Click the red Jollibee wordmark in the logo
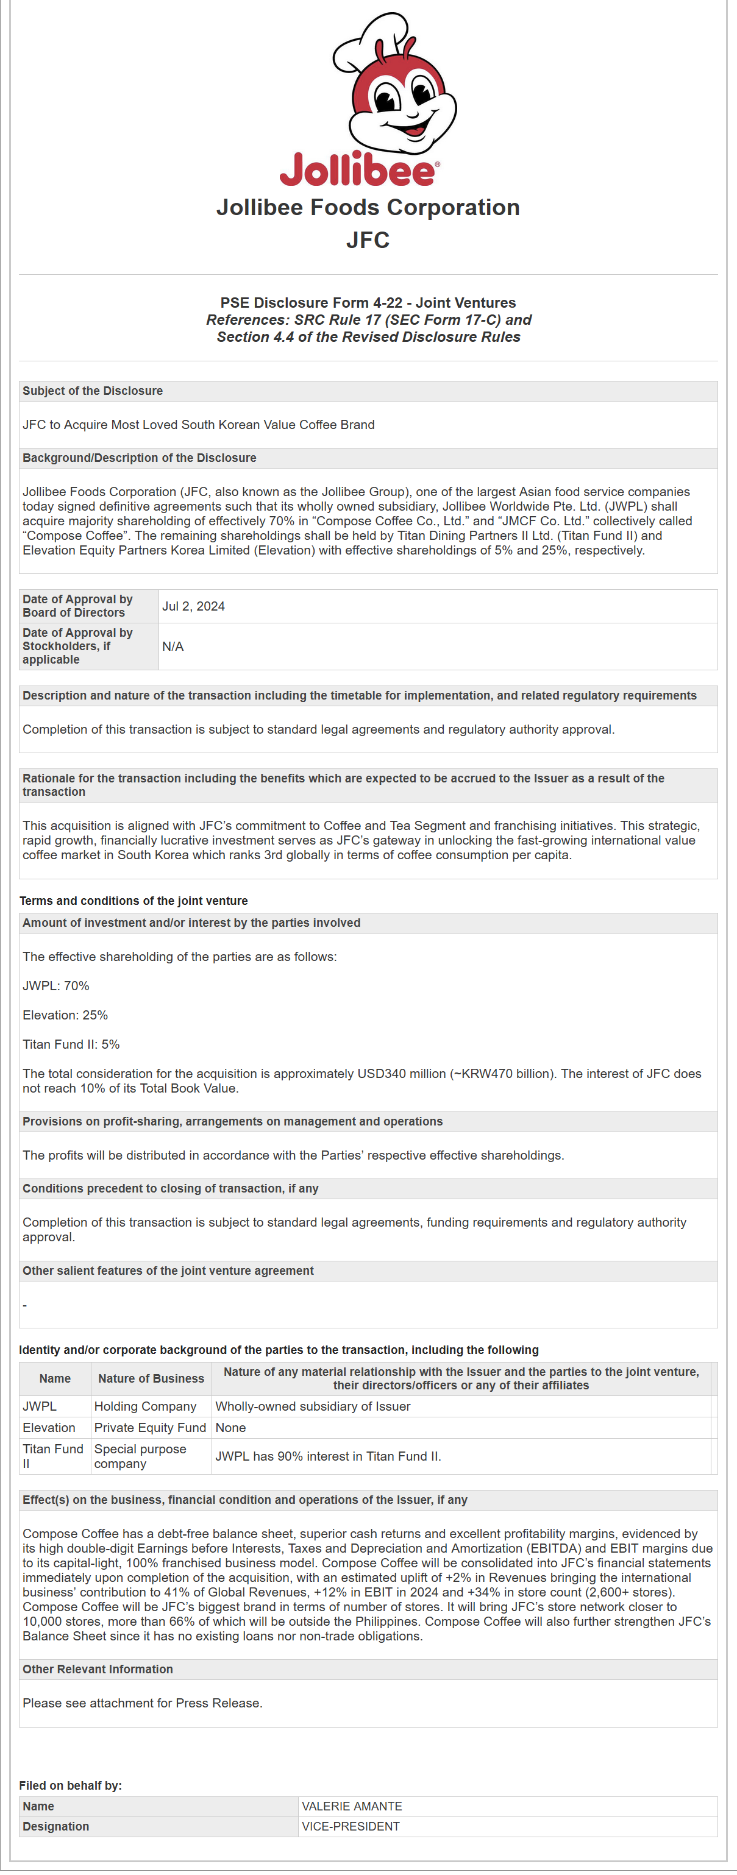pos(358,171)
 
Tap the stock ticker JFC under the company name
pos(368,239)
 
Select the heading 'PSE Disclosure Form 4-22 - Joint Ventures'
pos(368,303)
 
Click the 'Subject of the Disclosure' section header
pos(93,391)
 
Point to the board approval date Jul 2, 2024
pos(193,606)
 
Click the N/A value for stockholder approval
pos(173,647)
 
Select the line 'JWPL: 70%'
pos(56,985)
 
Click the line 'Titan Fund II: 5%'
pos(71,1044)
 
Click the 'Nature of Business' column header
pos(151,1378)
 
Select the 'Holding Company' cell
pos(145,1406)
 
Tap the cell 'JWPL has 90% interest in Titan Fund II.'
pos(328,1456)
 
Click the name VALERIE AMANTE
pos(352,1806)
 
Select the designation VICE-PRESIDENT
pos(351,1826)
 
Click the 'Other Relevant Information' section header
pos(98,1669)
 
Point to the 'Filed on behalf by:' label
pos(71,1785)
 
